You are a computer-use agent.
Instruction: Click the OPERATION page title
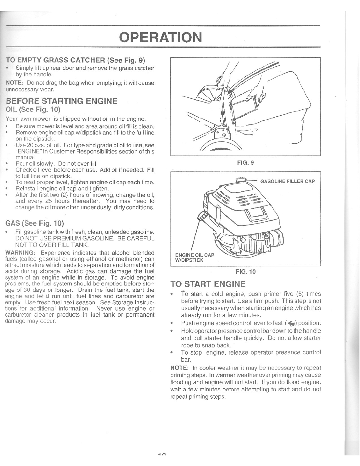tap(160, 37)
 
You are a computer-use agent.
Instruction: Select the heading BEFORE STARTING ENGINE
tap(62, 101)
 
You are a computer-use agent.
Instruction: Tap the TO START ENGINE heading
tap(208, 284)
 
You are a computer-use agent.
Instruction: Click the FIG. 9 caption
tap(245, 163)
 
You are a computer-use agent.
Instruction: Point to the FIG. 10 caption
tap(246, 272)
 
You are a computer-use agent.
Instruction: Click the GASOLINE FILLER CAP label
tap(288, 181)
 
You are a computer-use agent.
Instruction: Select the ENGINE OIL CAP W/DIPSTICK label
tap(195, 258)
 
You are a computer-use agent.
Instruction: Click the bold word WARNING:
tap(20, 253)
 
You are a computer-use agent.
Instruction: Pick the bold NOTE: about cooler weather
tap(179, 368)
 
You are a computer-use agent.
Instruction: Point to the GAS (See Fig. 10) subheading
tap(34, 223)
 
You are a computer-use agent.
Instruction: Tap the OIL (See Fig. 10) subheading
tap(33, 109)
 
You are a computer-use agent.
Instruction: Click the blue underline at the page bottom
tap(58, 463)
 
